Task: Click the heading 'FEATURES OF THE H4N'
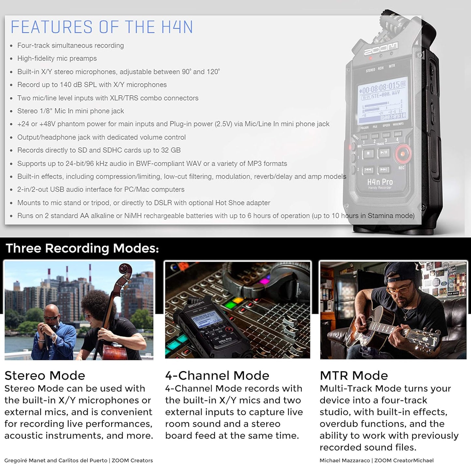[102, 27]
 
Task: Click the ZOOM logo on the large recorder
[381, 49]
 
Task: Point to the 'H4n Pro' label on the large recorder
[380, 182]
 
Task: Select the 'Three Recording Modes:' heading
[82, 248]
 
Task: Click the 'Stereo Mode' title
[45, 375]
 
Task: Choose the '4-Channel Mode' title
[217, 375]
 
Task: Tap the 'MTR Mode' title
[354, 375]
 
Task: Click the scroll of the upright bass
[125, 270]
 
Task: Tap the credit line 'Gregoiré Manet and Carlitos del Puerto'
[56, 460]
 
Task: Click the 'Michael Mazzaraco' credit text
[345, 460]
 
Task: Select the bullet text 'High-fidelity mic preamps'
[57, 58]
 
